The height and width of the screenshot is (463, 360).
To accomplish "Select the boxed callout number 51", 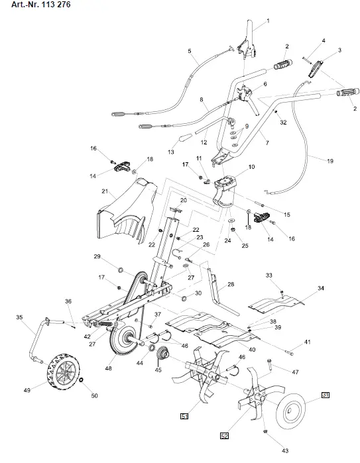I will click(x=184, y=415).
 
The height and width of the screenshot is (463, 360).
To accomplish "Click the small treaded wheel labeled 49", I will click(x=64, y=374).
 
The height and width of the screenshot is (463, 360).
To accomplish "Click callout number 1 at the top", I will click(x=268, y=22).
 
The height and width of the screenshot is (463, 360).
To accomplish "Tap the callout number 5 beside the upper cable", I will click(x=189, y=51).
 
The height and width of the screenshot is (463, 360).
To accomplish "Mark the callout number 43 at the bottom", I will click(x=284, y=450).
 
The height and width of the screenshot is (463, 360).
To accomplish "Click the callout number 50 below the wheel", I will click(x=94, y=395).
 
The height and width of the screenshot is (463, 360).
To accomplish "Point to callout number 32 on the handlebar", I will click(x=282, y=122).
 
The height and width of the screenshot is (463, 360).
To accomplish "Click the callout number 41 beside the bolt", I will click(x=307, y=342).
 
